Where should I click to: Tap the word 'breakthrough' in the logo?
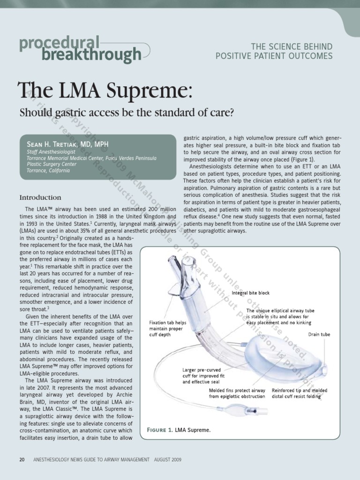point(91,55)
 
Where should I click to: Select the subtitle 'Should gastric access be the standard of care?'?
point(126,113)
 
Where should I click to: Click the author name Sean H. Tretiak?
point(67,144)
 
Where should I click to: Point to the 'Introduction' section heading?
point(40,197)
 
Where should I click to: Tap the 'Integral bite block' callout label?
point(251,293)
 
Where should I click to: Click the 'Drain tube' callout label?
point(319,335)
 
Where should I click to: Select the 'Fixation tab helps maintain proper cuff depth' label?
point(167,329)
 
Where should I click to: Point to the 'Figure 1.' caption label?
point(160,430)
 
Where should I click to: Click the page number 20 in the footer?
point(22,459)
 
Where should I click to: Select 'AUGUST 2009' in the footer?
point(168,459)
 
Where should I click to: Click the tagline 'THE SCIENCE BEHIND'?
point(292,46)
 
